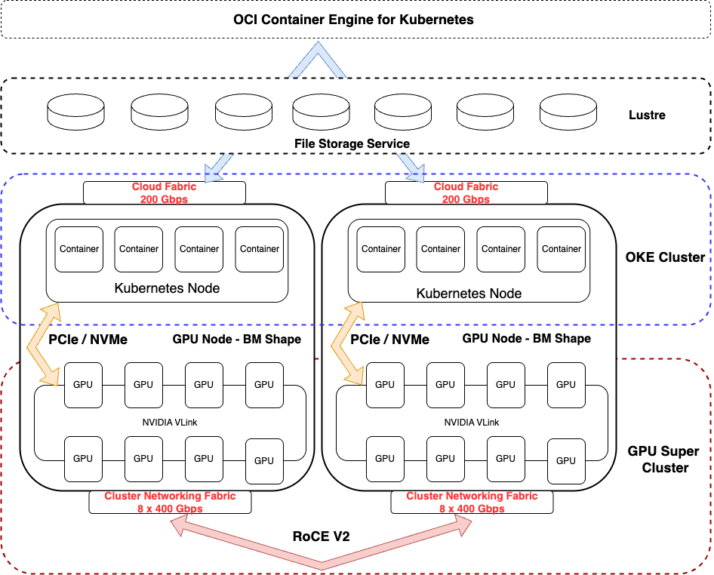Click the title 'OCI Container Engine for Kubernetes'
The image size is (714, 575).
(353, 20)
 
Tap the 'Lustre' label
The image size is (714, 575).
(647, 115)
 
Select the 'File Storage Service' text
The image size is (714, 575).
(352, 143)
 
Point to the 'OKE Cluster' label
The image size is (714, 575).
(665, 257)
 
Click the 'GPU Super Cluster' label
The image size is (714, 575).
(663, 460)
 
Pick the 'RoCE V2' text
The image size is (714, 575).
(321, 537)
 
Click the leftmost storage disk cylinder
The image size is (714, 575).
(76, 111)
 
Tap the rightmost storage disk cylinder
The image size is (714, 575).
(568, 111)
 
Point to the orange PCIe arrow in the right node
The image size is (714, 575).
(346, 343)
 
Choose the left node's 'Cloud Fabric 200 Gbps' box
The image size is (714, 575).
(164, 193)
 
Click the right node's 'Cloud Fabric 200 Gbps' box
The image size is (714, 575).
(466, 193)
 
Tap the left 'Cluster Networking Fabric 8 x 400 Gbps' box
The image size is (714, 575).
(170, 503)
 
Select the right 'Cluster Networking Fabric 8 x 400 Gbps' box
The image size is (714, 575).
(472, 503)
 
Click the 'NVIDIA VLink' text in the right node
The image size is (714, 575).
(471, 422)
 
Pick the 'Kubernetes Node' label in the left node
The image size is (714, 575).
(167, 287)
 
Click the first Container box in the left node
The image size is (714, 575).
(79, 249)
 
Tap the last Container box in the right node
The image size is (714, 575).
(562, 249)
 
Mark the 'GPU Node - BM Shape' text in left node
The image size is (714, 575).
(236, 339)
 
